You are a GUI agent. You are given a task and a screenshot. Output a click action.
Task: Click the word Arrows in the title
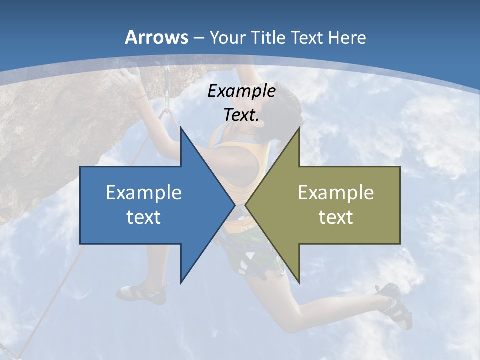point(157,37)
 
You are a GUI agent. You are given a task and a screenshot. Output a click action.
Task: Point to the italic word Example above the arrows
point(241,91)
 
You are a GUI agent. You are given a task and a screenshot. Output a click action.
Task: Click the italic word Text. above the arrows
point(241,115)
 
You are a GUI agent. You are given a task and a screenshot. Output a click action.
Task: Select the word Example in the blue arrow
point(143,192)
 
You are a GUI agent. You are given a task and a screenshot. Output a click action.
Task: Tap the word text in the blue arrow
point(143,217)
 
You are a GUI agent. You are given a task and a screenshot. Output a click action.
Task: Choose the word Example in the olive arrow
point(336,192)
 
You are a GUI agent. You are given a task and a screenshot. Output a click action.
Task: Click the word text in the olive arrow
point(336,217)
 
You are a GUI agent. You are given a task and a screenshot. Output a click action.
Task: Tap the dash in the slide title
point(198,37)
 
